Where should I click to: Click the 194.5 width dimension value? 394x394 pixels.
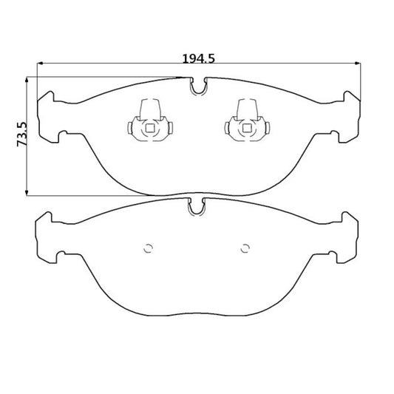[199, 59]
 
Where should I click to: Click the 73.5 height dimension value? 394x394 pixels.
[21, 135]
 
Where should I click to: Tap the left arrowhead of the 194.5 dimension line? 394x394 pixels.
[40, 64]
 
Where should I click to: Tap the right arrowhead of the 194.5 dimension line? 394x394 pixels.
[357, 64]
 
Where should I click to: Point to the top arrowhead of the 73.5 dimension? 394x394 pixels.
[27, 80]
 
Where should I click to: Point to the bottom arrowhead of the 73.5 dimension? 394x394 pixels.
[27, 192]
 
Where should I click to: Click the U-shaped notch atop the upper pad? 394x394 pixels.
[199, 86]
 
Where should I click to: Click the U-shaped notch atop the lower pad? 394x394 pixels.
[197, 207]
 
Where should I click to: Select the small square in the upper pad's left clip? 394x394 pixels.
[150, 129]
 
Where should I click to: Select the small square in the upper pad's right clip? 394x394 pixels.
[247, 129]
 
